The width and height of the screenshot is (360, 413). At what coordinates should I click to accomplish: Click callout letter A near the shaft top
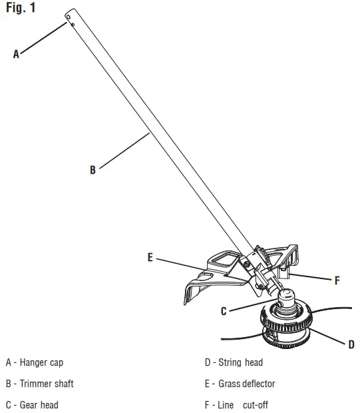tap(17, 55)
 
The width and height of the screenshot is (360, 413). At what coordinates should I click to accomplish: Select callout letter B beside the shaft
tap(92, 171)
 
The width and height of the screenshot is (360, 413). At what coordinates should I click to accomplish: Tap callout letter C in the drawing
tap(224, 310)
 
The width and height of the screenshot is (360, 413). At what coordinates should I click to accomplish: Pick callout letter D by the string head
tap(351, 344)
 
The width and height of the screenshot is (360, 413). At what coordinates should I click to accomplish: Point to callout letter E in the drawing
tap(150, 258)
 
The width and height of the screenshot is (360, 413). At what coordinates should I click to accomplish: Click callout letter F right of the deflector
tap(337, 281)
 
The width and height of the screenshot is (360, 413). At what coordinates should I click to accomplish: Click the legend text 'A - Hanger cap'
tap(35, 363)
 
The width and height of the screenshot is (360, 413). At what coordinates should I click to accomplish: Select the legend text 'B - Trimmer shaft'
tap(39, 384)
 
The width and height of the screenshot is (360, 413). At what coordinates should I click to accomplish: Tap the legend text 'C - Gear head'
tap(32, 404)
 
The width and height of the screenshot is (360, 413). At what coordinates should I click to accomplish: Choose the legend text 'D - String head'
tap(234, 363)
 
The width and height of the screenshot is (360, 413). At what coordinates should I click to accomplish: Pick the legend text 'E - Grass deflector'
tap(240, 384)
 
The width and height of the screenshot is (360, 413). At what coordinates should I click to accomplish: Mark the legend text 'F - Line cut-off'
tap(236, 404)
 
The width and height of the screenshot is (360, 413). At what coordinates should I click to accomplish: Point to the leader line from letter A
tap(43, 39)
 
